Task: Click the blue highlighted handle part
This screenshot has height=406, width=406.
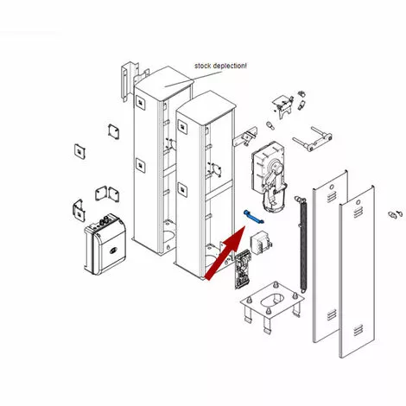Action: tap(254, 217)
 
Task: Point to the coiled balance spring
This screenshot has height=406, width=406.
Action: tap(303, 244)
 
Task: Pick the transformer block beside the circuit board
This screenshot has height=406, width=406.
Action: tap(261, 243)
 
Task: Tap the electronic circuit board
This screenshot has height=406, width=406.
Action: tap(243, 269)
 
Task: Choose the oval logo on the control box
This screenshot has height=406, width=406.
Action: tap(113, 251)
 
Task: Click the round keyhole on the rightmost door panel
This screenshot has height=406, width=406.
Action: tap(358, 202)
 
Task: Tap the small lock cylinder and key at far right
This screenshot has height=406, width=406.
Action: tap(395, 214)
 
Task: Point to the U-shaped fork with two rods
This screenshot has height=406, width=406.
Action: tap(313, 139)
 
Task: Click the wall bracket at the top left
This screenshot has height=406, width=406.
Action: tap(130, 80)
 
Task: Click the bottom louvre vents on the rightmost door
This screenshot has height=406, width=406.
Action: tap(358, 330)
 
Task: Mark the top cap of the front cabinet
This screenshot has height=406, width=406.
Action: tap(206, 107)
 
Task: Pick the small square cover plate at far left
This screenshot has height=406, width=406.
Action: tap(80, 151)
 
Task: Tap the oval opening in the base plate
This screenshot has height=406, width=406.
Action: tap(273, 300)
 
